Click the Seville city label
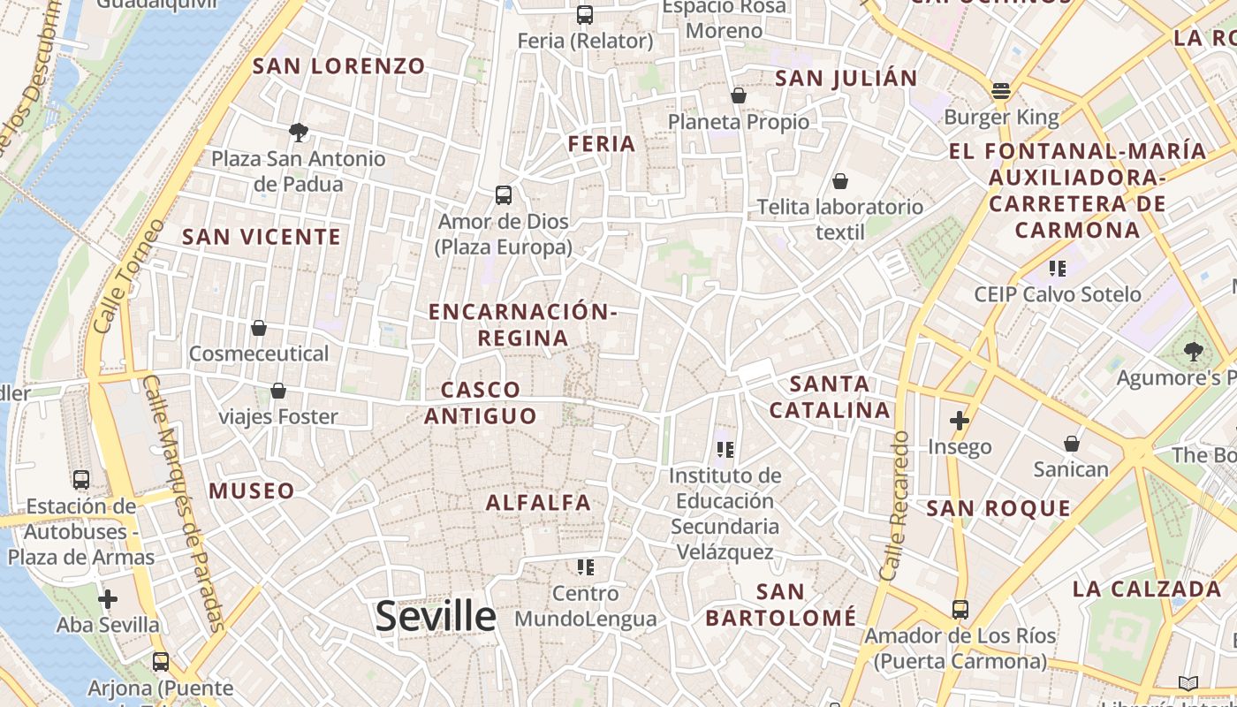436,616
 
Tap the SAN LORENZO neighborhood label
339,66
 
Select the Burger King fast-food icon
1000,91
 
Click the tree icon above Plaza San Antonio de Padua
299,133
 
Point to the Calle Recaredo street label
896,506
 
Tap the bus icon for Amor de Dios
504,195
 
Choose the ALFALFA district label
538,503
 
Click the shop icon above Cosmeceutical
259,328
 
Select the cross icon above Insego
960,421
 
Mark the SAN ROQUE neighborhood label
998,509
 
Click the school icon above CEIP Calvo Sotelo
1057,268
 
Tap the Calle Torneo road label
128,276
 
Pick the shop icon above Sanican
1072,443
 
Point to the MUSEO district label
252,491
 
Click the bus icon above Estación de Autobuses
81,480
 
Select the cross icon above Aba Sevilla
108,599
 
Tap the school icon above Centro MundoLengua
586,566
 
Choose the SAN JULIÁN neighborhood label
846,79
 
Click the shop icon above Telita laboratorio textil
840,181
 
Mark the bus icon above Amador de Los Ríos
960,610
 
